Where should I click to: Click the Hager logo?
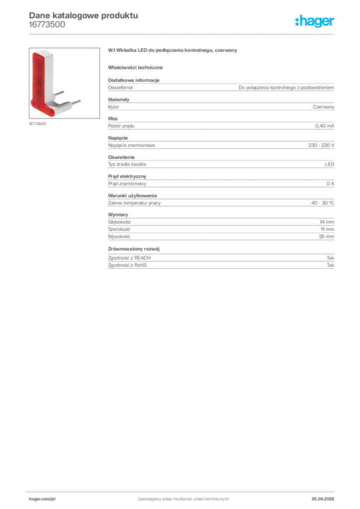(315, 21)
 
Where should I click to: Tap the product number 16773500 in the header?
(47, 25)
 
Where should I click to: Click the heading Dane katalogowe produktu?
(84, 15)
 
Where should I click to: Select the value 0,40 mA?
(325, 126)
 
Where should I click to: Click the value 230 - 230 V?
(321, 145)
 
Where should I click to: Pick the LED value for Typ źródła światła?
(330, 164)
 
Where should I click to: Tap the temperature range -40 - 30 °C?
(322, 203)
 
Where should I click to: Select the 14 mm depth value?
(327, 222)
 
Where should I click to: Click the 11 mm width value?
(328, 229)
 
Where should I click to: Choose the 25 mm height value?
(327, 237)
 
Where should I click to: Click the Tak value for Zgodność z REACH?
(331, 258)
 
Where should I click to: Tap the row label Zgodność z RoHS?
(127, 265)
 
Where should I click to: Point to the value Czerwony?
(323, 107)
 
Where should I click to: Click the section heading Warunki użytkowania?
(132, 196)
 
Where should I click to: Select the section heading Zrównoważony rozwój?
(134, 249)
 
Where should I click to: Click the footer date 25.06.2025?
(323, 499)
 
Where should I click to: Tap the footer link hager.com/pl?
(42, 499)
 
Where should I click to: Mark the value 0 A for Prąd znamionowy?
(331, 184)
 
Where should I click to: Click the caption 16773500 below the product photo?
(37, 124)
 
